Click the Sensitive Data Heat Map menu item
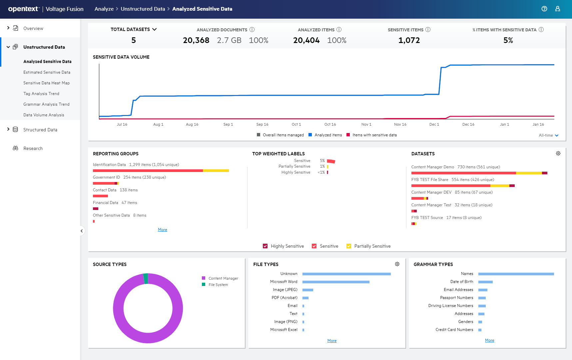pyautogui.click(x=46, y=83)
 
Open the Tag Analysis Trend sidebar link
pyautogui.click(x=41, y=94)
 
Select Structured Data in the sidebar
pyautogui.click(x=40, y=130)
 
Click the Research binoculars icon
pyautogui.click(x=15, y=148)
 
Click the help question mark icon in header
pyautogui.click(x=544, y=9)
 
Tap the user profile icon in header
pyautogui.click(x=557, y=9)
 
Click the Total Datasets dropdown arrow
pyautogui.click(x=155, y=29)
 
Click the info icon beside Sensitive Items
pyautogui.click(x=428, y=30)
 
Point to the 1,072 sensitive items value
pyautogui.click(x=409, y=40)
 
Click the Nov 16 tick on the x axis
pyautogui.click(x=400, y=124)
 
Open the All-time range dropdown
pyautogui.click(x=548, y=135)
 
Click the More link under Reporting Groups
pyautogui.click(x=163, y=230)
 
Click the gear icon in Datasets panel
pyautogui.click(x=558, y=153)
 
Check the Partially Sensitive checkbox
pyautogui.click(x=349, y=246)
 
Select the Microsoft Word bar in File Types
pyautogui.click(x=336, y=282)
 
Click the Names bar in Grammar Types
pyautogui.click(x=516, y=274)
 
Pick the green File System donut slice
pyautogui.click(x=146, y=279)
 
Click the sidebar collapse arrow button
pyautogui.click(x=82, y=231)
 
